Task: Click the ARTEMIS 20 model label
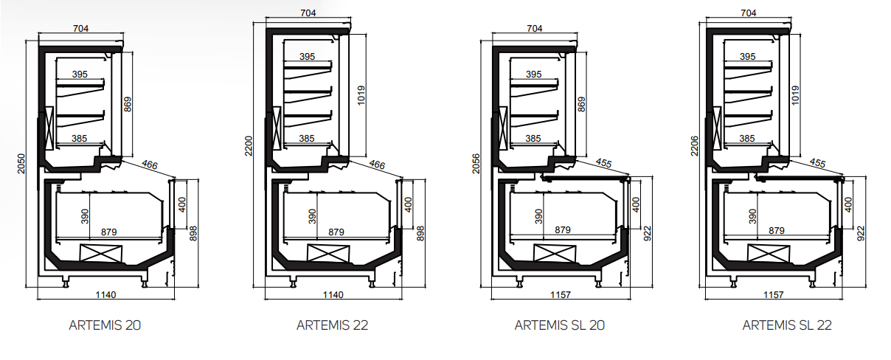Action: coord(105,325)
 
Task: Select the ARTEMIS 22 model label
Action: coord(332,325)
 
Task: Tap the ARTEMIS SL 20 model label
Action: coord(560,325)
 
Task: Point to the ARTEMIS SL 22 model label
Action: coord(787,325)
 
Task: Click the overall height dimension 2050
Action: coord(21,164)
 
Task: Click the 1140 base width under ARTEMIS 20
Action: coord(105,294)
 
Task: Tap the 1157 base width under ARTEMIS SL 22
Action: coord(773,294)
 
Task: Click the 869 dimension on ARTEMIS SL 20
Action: coord(582,105)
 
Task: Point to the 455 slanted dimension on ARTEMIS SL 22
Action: coord(817,162)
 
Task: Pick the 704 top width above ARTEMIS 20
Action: coord(80,29)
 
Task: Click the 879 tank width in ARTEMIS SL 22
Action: coord(776,231)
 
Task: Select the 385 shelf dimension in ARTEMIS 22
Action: coord(308,138)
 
